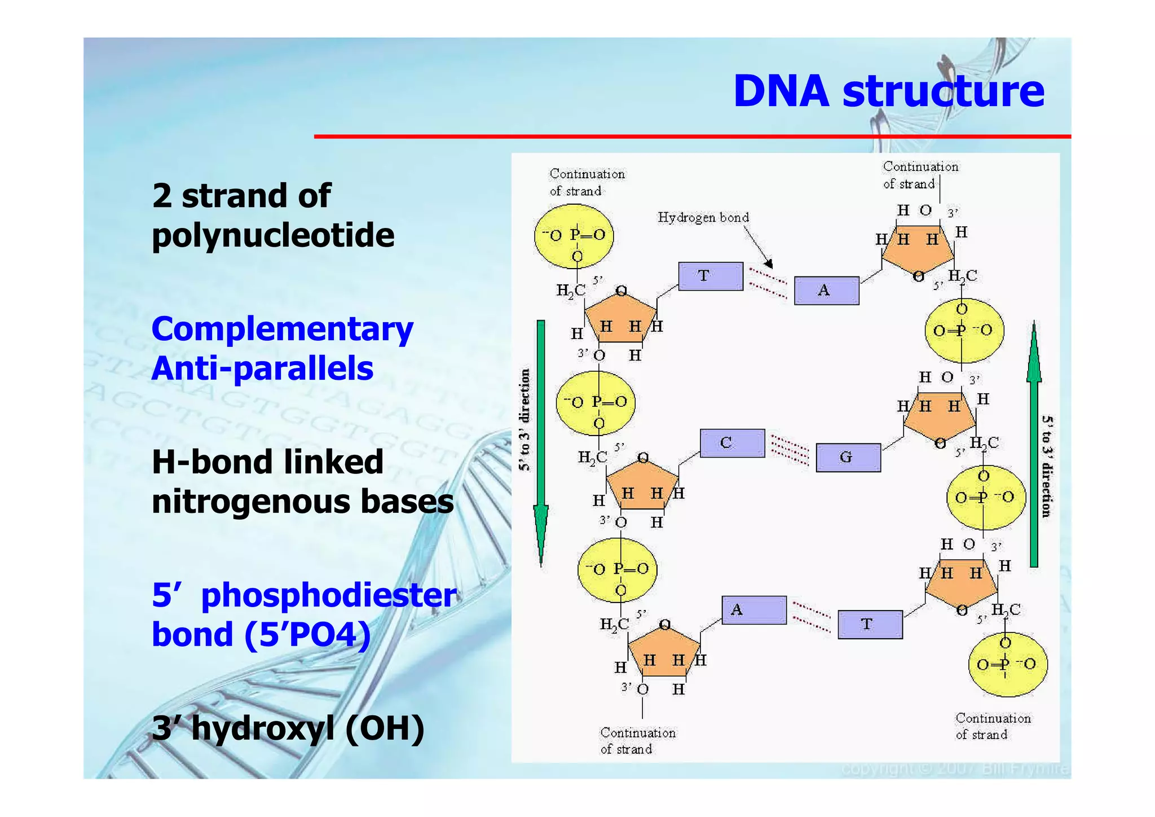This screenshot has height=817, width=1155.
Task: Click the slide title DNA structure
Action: (x=888, y=91)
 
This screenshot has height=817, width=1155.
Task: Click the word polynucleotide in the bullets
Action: (x=273, y=236)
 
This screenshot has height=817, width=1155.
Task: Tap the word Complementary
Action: (x=282, y=330)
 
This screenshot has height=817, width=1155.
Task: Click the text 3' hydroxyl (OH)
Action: (x=288, y=728)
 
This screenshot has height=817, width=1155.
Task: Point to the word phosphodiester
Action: (x=328, y=596)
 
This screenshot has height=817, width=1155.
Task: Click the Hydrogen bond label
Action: (x=703, y=218)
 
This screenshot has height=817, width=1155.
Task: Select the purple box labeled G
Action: (x=848, y=457)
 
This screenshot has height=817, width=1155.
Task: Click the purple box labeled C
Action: (x=732, y=443)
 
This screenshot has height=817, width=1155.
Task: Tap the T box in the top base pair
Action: (x=710, y=276)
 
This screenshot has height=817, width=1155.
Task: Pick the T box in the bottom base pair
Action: (x=870, y=624)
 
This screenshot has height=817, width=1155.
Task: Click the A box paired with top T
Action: (x=826, y=291)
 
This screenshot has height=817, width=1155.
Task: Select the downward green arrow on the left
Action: (x=541, y=440)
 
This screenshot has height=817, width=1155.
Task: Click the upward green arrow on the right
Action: (x=1033, y=446)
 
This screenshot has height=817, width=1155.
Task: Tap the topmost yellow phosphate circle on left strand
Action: (x=574, y=236)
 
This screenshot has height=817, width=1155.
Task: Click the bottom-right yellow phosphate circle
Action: (x=1007, y=664)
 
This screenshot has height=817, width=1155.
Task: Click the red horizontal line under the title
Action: (x=692, y=137)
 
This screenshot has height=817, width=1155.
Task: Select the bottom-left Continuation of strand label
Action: (x=637, y=741)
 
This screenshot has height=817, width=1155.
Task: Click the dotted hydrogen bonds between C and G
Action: (x=790, y=450)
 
